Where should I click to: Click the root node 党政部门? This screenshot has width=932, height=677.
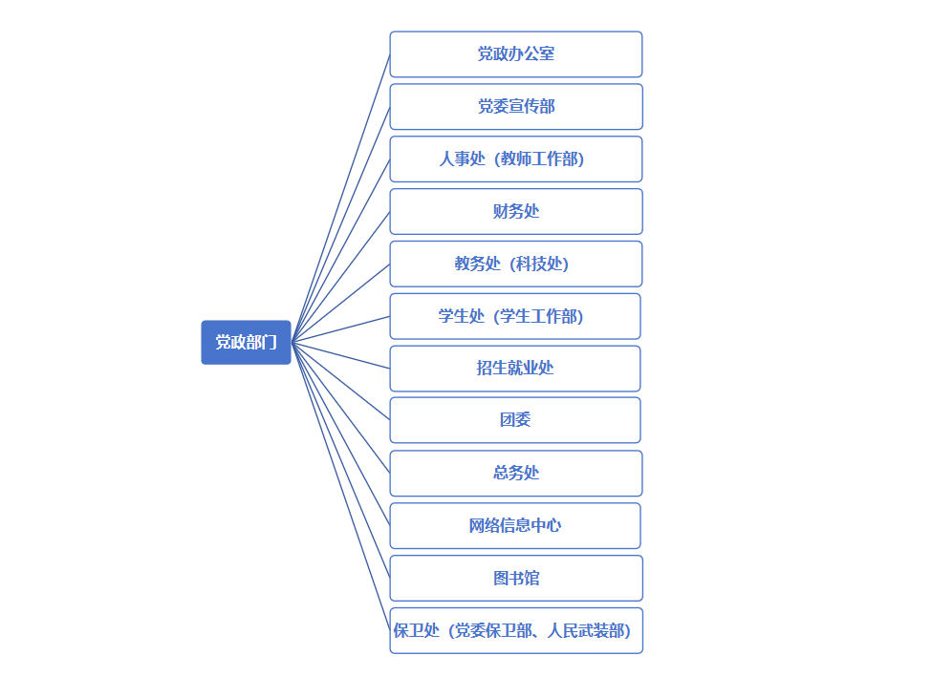246,342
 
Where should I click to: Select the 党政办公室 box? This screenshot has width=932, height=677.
515,54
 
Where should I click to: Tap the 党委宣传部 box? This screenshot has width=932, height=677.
515,107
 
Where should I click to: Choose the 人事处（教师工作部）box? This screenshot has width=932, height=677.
515,159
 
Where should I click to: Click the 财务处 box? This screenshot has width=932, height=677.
515,211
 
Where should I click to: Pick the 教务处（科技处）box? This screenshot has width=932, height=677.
515,264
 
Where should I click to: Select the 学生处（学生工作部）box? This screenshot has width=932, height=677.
515,316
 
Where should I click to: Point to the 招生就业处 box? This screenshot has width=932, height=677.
515,369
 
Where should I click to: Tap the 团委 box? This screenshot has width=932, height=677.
515,420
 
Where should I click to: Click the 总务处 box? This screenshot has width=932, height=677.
515,473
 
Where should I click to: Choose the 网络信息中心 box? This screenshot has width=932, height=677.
515,525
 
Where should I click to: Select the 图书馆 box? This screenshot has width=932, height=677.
515,578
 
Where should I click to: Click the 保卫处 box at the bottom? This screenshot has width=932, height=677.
515,630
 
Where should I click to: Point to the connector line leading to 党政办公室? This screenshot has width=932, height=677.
340,198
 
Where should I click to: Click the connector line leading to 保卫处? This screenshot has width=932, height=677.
340,485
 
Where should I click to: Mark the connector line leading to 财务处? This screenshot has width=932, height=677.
340,276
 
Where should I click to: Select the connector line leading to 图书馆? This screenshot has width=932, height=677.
340,459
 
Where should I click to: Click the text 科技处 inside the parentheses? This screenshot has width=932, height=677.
539,264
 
